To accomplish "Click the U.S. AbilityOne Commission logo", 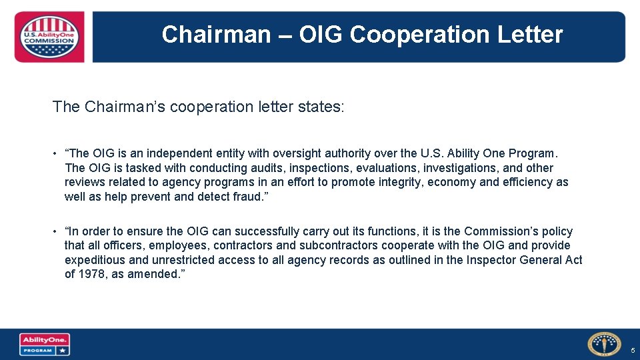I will point(49,37).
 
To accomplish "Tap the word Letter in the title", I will point(529,34).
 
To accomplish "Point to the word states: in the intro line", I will point(323,107).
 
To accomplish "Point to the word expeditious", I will point(98,259).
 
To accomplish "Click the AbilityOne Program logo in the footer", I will point(45,345).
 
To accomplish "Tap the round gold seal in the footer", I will point(604,344).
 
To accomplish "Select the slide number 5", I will point(633,351).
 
